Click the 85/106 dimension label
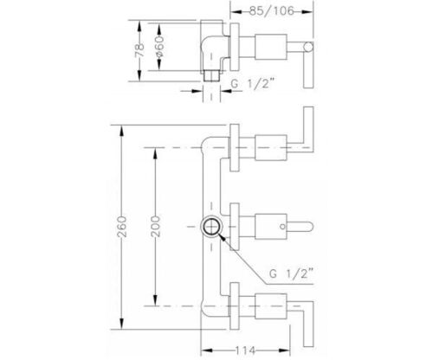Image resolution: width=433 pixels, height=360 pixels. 272,11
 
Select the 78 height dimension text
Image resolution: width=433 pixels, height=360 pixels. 139,50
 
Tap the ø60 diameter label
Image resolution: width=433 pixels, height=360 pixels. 159,46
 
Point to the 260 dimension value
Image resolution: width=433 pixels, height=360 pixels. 122,227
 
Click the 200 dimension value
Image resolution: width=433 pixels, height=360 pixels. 155,227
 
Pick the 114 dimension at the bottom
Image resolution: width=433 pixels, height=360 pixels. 246,350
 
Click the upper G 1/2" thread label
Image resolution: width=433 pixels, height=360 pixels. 253,84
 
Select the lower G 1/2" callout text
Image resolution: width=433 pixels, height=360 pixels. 291,273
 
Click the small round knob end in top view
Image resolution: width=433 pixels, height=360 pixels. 308,47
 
